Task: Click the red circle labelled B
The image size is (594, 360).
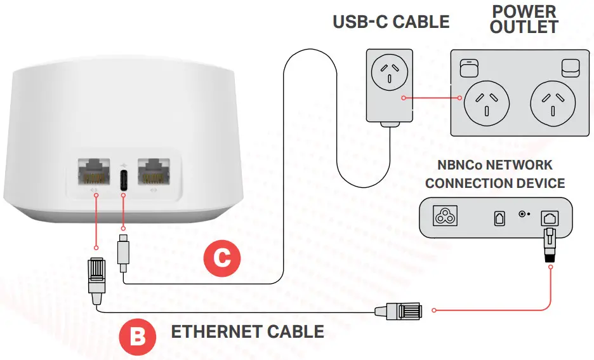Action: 137,335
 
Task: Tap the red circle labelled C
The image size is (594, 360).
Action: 221,258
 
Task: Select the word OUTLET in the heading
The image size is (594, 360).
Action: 524,27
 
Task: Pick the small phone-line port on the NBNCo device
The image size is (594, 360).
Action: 498,218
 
